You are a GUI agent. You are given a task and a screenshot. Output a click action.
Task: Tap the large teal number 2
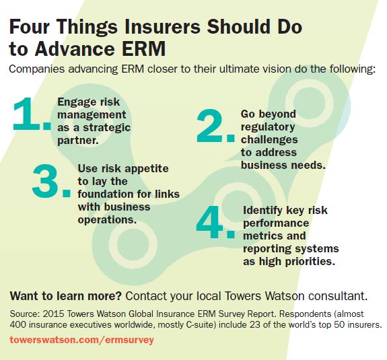209,126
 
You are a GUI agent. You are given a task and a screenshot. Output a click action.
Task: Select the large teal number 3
46,181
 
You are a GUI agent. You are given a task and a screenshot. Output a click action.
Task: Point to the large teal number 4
209,222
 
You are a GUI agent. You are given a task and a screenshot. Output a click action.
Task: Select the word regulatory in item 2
268,127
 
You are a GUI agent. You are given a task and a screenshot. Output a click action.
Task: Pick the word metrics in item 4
262,236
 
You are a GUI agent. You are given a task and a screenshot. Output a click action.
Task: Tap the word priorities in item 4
310,261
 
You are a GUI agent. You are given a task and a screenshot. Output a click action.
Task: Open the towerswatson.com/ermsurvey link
82,340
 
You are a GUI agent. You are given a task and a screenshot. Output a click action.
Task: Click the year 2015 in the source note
53,314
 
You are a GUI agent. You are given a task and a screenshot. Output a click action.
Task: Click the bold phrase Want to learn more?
66,296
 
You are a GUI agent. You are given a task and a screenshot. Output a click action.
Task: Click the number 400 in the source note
17,325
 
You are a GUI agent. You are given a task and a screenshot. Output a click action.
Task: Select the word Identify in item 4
262,211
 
